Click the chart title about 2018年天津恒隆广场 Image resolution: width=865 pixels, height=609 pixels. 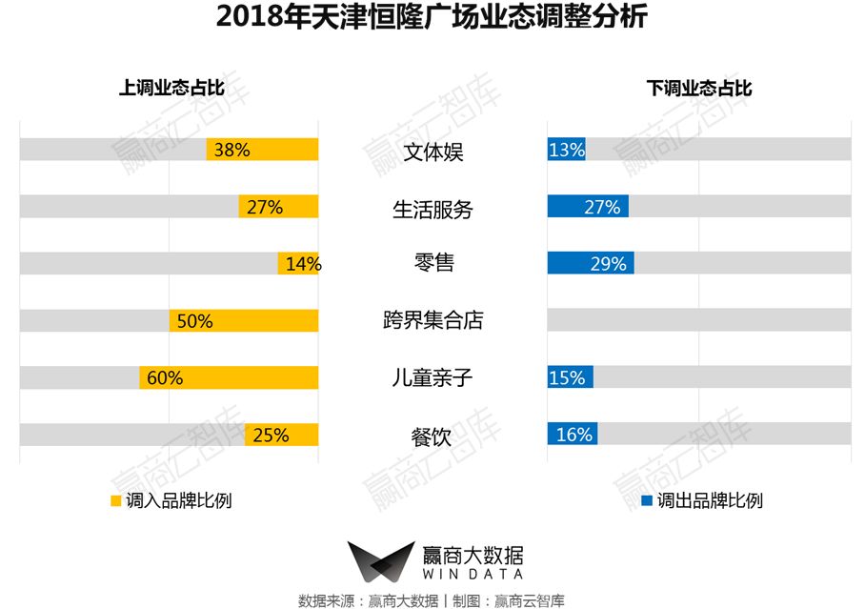click(x=432, y=18)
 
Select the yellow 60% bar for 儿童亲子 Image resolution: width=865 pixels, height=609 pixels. click(x=229, y=377)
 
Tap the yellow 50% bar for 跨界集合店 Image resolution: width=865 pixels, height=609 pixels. click(x=244, y=321)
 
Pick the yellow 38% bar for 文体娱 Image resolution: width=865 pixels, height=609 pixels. click(x=262, y=150)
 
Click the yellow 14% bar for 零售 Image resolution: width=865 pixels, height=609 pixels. click(x=298, y=264)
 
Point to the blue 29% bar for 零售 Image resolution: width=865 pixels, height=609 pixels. click(x=590, y=264)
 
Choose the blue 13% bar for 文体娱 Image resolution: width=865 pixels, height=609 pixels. click(x=566, y=150)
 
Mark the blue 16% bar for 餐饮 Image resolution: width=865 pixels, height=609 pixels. click(x=572, y=435)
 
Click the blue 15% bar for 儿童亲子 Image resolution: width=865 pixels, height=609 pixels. click(x=570, y=377)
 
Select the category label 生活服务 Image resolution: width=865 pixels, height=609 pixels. click(x=432, y=209)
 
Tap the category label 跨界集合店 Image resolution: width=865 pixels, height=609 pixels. click(x=432, y=320)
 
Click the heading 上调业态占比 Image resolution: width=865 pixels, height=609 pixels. click(x=171, y=88)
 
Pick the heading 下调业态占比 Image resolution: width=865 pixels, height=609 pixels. click(x=699, y=88)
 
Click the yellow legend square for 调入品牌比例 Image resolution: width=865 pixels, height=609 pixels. click(x=116, y=499)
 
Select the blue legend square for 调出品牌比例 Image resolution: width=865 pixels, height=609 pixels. click(x=647, y=499)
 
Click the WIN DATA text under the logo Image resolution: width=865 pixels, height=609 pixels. click(x=472, y=575)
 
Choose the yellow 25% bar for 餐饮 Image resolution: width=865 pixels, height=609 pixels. click(x=281, y=435)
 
